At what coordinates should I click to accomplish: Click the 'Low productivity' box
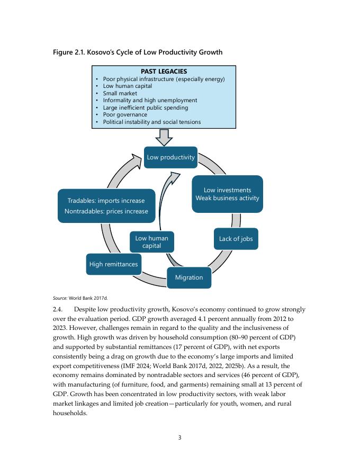[x=170, y=157]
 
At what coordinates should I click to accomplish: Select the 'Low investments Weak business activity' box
[x=227, y=194]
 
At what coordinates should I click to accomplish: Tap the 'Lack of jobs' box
[x=236, y=239]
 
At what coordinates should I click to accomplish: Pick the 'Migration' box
[x=189, y=277]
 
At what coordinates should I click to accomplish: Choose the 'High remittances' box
[x=113, y=264]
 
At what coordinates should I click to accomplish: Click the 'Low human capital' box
[x=151, y=242]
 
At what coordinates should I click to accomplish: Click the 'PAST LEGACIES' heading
[x=164, y=71]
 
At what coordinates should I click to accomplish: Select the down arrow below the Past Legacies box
[x=164, y=137]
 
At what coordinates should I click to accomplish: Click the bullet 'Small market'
[x=120, y=93]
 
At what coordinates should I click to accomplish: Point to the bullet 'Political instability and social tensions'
[x=151, y=122]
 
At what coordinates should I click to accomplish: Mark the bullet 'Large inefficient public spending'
[x=145, y=107]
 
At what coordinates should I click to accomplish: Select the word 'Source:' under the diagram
[x=60, y=298]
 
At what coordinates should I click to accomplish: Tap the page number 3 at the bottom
[x=179, y=437]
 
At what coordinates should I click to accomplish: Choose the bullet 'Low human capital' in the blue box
[x=127, y=86]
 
